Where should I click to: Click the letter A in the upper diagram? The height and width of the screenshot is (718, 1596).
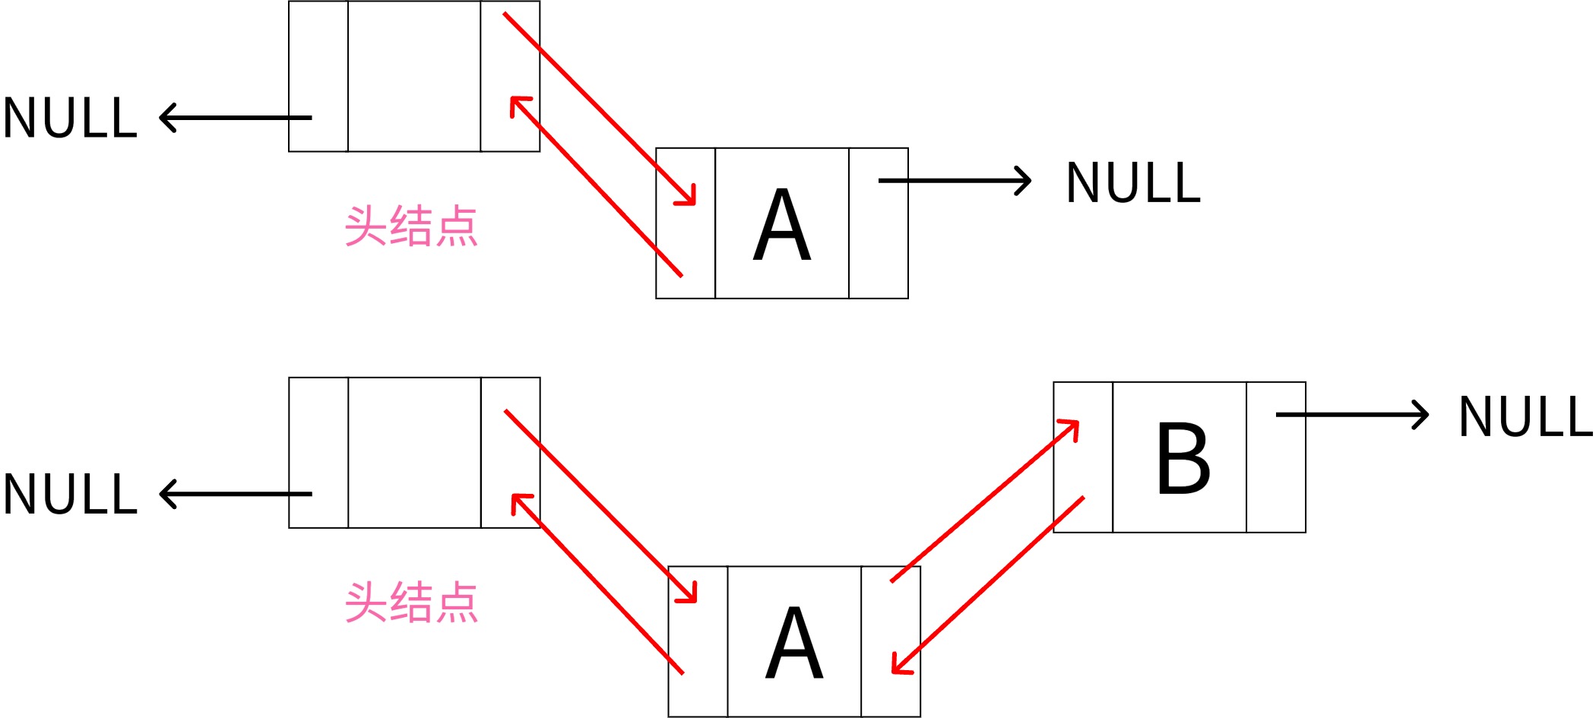(x=782, y=225)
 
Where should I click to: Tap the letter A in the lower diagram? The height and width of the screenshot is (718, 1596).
(x=794, y=643)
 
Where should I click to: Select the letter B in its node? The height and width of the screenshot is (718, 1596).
(x=1183, y=458)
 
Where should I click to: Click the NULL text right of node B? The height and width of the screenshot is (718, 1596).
(x=1525, y=417)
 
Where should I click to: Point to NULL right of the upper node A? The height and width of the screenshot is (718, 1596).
(x=1133, y=183)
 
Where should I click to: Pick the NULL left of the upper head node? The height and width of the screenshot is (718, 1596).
(x=70, y=119)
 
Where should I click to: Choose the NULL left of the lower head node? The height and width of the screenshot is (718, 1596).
(x=70, y=495)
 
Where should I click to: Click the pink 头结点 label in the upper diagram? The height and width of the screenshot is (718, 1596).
(x=411, y=226)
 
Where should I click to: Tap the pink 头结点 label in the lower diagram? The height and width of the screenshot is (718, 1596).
(x=411, y=603)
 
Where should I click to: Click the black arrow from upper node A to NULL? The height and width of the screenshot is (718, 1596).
(x=954, y=181)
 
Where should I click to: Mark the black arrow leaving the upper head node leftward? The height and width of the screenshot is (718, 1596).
(x=236, y=118)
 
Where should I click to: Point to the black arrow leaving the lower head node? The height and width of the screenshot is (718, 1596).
(x=236, y=494)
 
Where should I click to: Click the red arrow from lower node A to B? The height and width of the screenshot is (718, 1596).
(x=985, y=501)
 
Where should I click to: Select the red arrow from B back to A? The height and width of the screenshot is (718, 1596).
(x=988, y=585)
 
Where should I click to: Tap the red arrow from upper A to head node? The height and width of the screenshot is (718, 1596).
(x=597, y=187)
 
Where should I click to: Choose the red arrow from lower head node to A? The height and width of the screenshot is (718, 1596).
(x=600, y=506)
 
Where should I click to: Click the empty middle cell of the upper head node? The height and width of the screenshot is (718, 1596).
(x=414, y=76)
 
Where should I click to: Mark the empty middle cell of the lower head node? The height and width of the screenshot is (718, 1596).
(x=414, y=452)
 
